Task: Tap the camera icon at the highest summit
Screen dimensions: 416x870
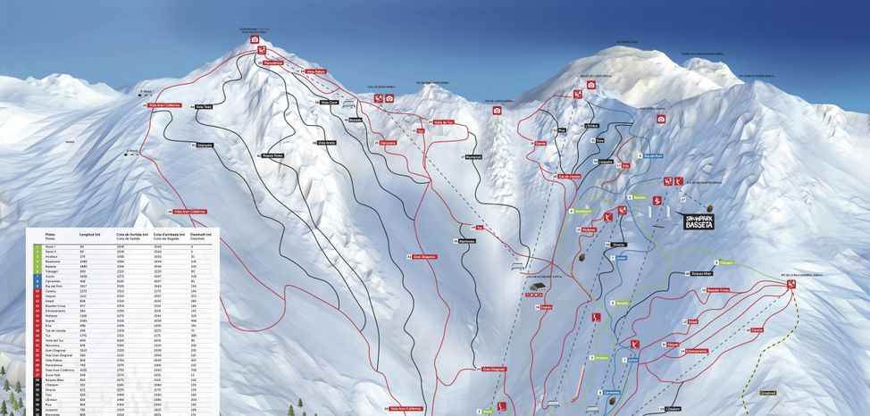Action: pos(255,39)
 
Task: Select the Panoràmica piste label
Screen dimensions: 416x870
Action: pos(272,63)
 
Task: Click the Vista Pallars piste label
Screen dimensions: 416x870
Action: pos(315,71)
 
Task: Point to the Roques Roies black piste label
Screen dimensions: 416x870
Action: pos(272,155)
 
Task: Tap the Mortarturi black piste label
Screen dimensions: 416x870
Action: pos(473,157)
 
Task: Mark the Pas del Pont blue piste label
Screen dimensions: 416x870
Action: pos(653,155)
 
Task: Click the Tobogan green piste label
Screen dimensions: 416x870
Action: pos(725,263)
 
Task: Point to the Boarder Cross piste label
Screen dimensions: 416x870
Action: pos(718,290)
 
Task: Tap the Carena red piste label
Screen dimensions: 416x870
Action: pos(757,329)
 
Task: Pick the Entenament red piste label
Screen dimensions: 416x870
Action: pos(670,352)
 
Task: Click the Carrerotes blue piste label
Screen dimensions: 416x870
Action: pos(612,392)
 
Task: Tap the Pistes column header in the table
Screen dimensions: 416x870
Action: pos(50,234)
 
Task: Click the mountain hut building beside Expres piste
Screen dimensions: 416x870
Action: pos(535,288)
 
